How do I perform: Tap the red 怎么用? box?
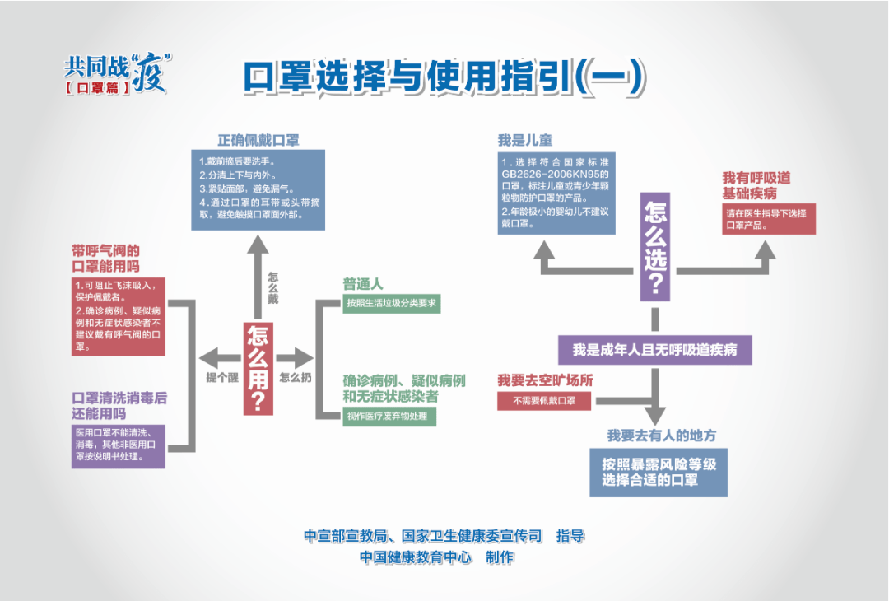click(x=258, y=368)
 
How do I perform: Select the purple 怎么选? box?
click(x=655, y=248)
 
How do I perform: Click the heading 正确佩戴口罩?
click(x=258, y=140)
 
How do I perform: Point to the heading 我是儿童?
click(x=525, y=140)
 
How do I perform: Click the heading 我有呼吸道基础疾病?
click(x=756, y=186)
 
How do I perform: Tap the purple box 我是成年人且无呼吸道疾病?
click(x=654, y=349)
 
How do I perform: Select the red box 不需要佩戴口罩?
click(x=544, y=402)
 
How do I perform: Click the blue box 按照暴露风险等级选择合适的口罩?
click(x=659, y=473)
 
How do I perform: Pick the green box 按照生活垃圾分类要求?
click(x=391, y=304)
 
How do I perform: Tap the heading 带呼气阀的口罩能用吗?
click(x=105, y=259)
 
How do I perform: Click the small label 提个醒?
click(x=220, y=378)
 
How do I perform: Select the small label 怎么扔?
click(x=295, y=378)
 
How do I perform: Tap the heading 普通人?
click(x=363, y=284)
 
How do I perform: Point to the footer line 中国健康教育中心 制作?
click(x=436, y=557)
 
